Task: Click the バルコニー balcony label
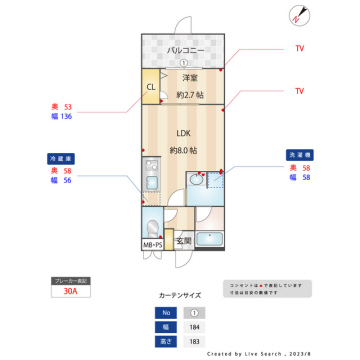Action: click(186, 49)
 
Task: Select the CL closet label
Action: click(151, 87)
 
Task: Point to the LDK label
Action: click(184, 132)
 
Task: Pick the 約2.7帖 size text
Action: click(190, 94)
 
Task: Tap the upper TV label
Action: click(299, 48)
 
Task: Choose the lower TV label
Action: click(299, 91)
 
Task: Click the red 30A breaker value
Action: click(70, 294)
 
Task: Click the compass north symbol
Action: click(300, 14)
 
